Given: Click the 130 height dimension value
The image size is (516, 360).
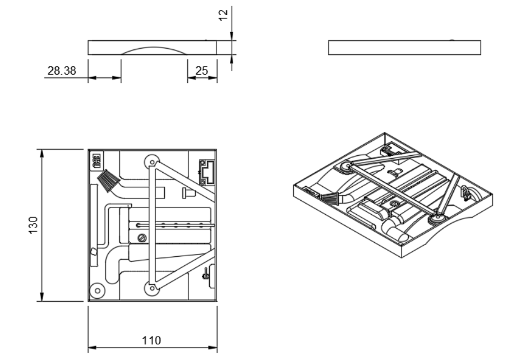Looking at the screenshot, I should [34, 225].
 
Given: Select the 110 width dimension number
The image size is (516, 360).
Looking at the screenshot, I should [151, 340].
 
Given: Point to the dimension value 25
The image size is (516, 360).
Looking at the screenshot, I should [201, 71].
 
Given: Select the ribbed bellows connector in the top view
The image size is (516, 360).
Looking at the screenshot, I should [109, 180].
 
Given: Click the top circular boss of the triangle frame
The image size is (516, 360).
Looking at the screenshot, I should [151, 161].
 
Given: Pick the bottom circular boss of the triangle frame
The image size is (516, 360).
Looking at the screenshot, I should [151, 288].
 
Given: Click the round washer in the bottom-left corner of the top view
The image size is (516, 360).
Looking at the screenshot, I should [98, 291].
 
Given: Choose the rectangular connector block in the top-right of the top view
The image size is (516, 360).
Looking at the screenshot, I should [207, 171].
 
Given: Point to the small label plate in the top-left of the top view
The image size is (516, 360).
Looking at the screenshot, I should [95, 161].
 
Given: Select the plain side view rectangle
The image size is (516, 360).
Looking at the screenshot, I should [404, 48].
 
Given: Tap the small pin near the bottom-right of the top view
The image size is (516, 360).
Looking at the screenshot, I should [206, 275].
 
